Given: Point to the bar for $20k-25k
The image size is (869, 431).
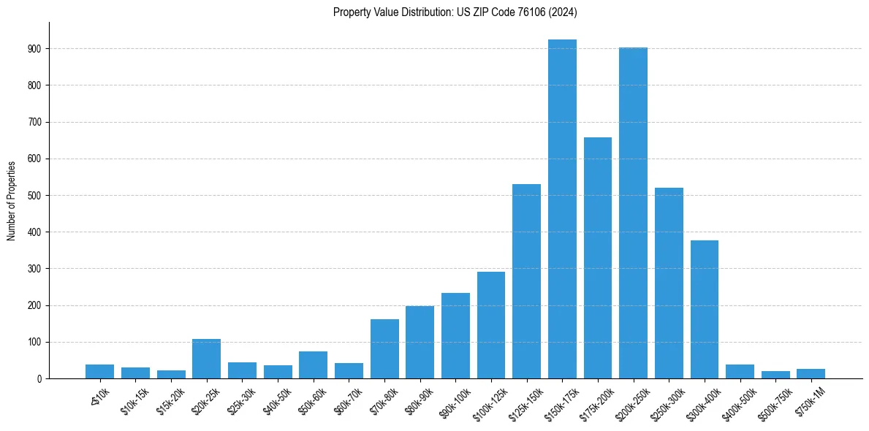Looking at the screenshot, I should coord(206,359).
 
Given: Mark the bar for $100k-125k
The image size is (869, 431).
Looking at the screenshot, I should coord(491,325).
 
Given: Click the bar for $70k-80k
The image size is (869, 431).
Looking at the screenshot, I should coord(384,348).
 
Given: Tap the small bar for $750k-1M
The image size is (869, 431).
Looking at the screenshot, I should coord(811,373).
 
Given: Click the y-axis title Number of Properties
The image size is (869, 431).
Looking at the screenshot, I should coord(11,200).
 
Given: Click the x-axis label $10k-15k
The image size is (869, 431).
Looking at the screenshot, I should coord(135,403).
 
